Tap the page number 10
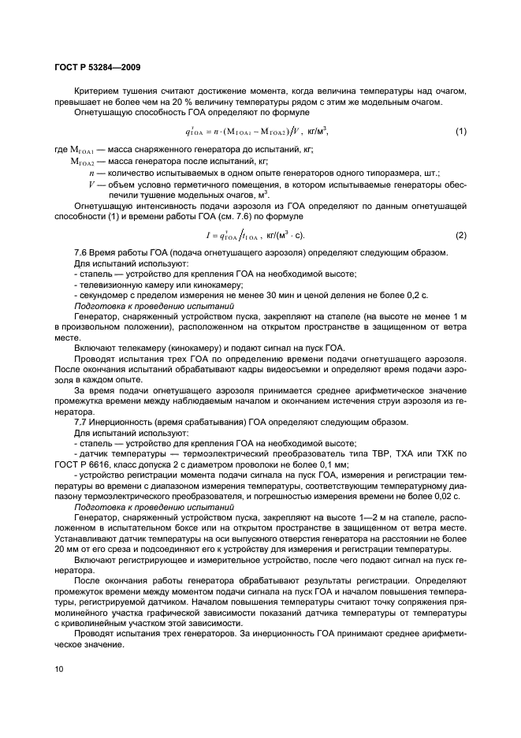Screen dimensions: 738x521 pyautogui.click(x=58, y=669)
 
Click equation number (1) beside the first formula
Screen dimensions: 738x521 pyautogui.click(x=461, y=131)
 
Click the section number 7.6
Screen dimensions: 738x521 pyautogui.click(x=81, y=252)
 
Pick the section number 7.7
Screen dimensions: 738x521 pyautogui.click(x=81, y=421)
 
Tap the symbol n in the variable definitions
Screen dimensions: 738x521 pyautogui.click(x=93, y=172)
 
